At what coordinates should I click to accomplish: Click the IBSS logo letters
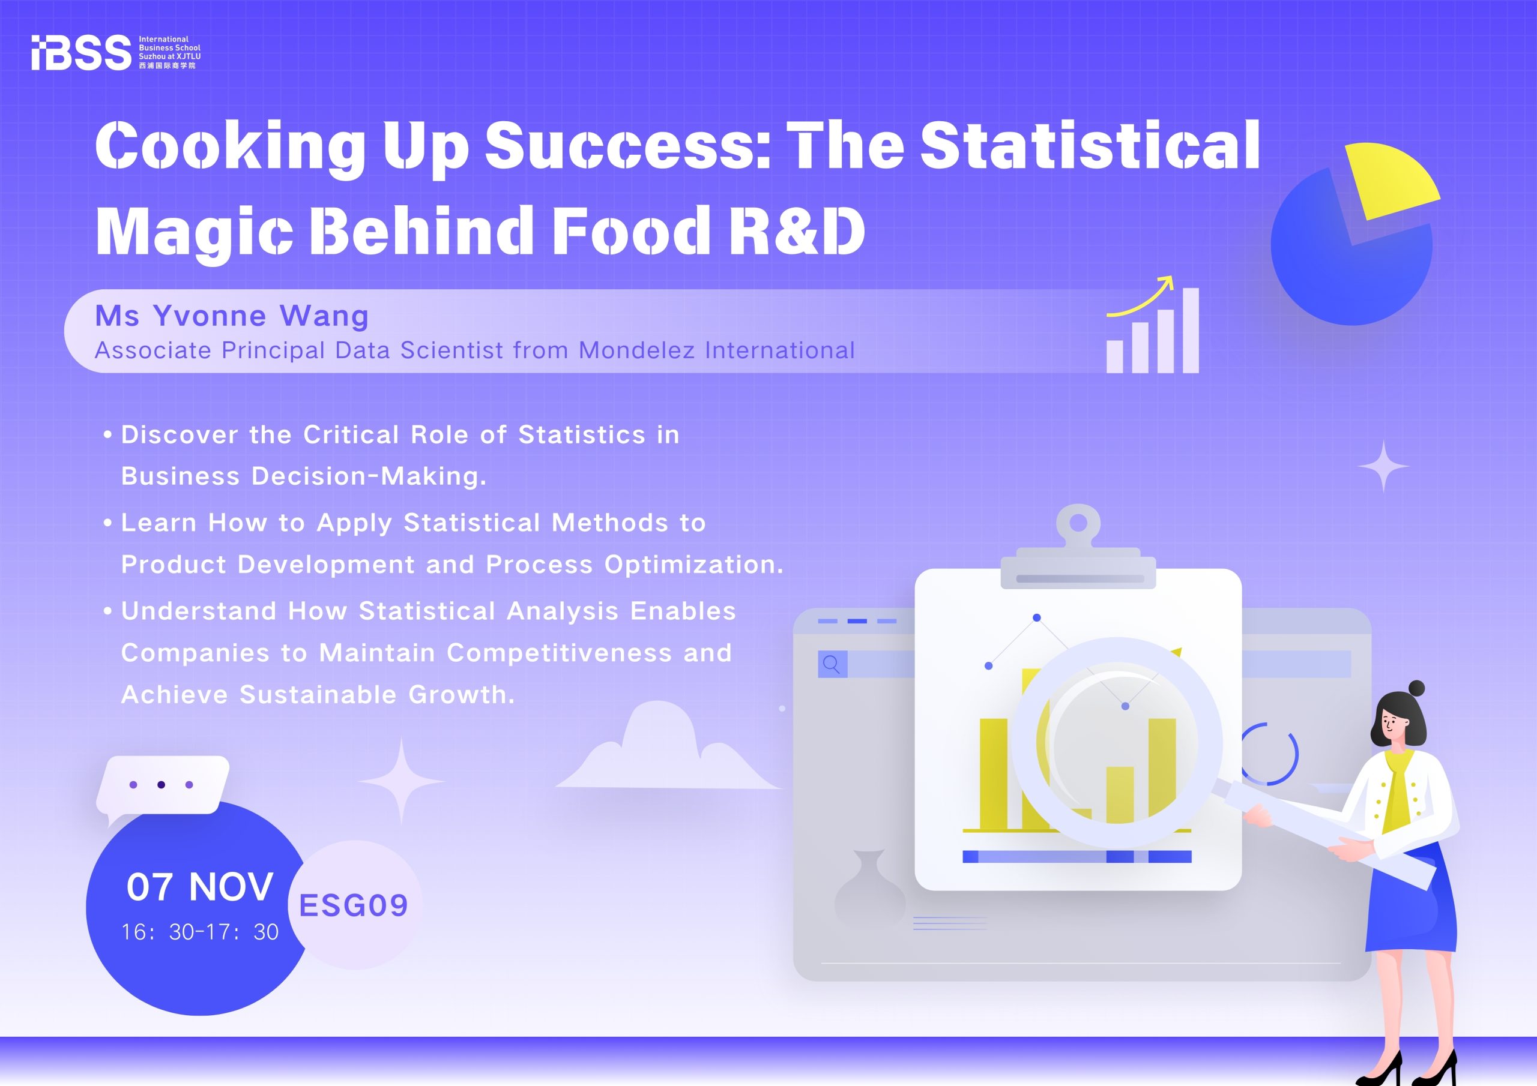pos(81,52)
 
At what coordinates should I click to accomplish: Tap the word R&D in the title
pos(797,230)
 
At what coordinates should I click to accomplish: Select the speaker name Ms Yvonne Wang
pos(232,315)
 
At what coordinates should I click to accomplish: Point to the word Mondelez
pos(636,350)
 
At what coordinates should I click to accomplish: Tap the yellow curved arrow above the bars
pos(1140,296)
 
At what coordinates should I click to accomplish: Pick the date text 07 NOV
pos(199,887)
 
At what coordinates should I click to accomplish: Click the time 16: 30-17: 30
pos(199,931)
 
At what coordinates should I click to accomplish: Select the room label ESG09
pos(354,905)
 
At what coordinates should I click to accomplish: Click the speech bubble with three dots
pos(163,788)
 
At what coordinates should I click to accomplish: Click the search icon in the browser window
pos(832,664)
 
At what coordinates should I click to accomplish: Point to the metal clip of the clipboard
pos(1078,546)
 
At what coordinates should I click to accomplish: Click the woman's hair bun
pos(1416,688)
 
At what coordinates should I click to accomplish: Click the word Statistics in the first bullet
pos(582,435)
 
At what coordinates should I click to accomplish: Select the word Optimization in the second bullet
pos(693,565)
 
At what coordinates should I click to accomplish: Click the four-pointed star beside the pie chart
pos(1383,466)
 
